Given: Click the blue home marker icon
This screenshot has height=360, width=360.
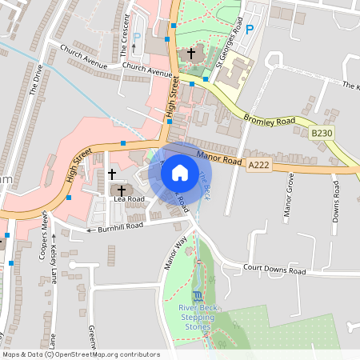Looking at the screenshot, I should [x=180, y=171].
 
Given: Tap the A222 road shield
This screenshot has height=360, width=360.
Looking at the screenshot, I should [x=258, y=164].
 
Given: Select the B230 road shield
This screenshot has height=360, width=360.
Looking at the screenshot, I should [x=322, y=132].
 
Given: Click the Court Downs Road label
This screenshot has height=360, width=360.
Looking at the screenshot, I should [x=276, y=271].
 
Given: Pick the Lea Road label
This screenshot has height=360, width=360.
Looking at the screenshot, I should [x=129, y=199].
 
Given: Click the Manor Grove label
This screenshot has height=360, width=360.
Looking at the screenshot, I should [x=289, y=196].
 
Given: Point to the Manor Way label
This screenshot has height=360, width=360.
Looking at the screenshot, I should [x=174, y=253].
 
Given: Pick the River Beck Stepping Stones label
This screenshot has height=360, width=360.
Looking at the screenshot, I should [x=196, y=317].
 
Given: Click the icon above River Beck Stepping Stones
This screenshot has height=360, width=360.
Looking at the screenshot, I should [x=197, y=296].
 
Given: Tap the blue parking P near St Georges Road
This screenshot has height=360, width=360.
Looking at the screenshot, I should [x=249, y=30].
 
